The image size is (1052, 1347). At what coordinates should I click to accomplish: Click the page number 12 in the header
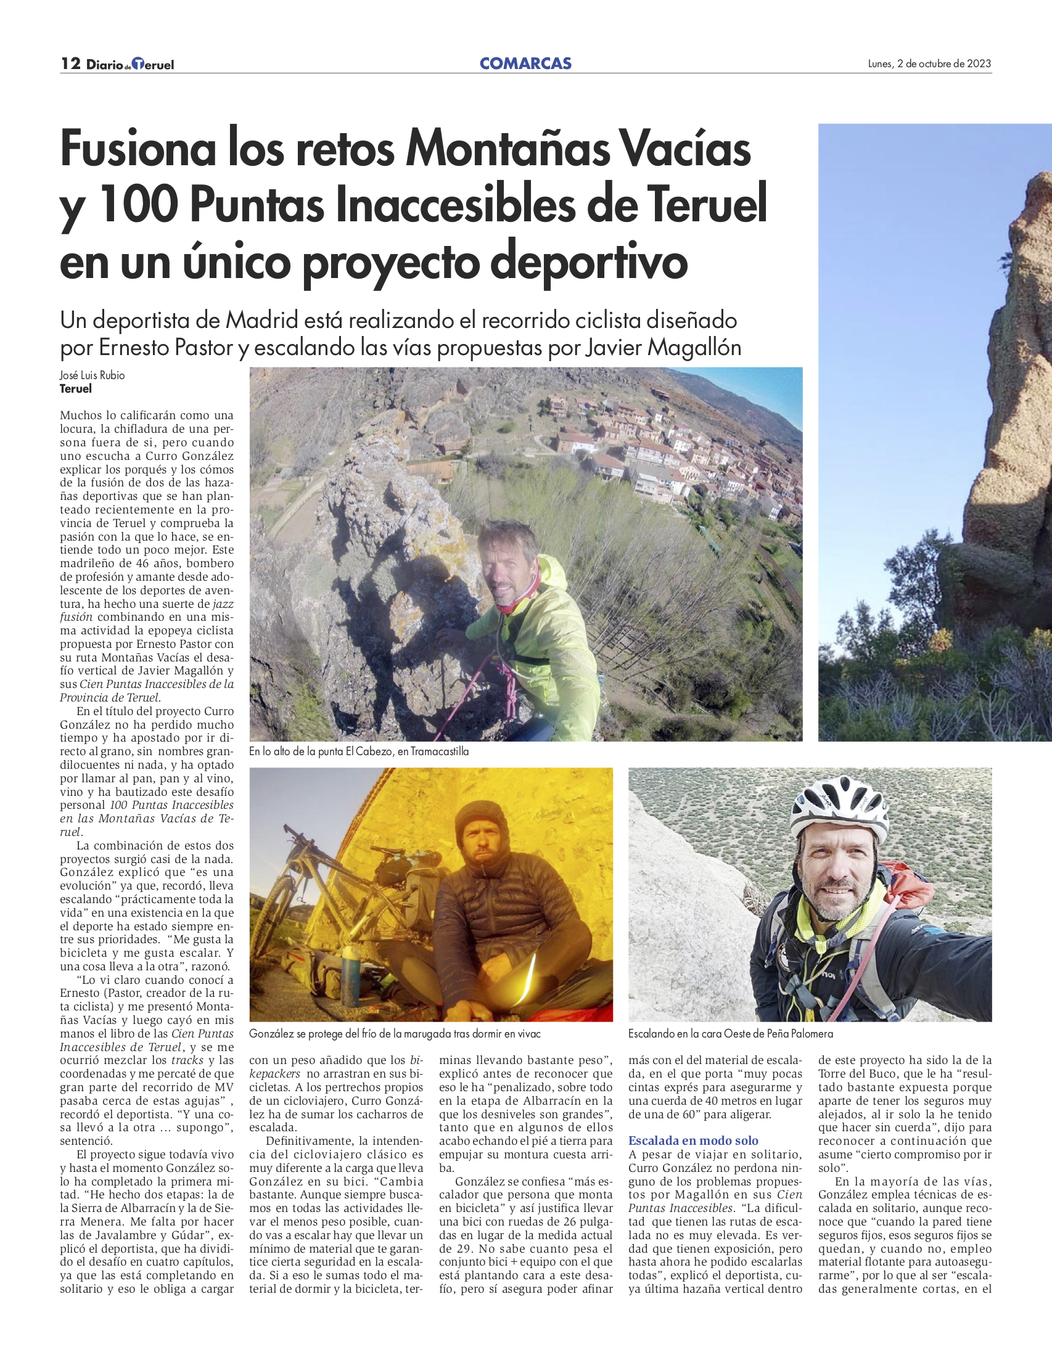pyautogui.click(x=71, y=63)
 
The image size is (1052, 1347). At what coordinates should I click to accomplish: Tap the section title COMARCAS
pyautogui.click(x=525, y=63)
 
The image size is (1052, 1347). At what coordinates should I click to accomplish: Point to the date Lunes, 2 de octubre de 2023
pyautogui.click(x=929, y=63)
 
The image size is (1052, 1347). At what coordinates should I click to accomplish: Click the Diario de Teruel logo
pyautogui.click(x=130, y=64)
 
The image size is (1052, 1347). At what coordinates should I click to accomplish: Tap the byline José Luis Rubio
pyautogui.click(x=92, y=375)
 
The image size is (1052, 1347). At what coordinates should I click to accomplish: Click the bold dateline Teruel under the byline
pyautogui.click(x=76, y=388)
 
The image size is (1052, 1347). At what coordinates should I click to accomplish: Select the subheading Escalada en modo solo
pyautogui.click(x=693, y=1140)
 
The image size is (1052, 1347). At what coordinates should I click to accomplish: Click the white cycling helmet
pyautogui.click(x=839, y=806)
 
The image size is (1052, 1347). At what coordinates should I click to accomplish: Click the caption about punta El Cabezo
pyautogui.click(x=358, y=751)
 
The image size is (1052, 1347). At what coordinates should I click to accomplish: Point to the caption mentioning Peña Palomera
pyautogui.click(x=730, y=1033)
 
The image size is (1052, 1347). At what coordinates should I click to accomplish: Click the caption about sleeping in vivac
pyautogui.click(x=394, y=1033)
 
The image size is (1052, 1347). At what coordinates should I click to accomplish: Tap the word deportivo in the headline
pyautogui.click(x=589, y=261)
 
